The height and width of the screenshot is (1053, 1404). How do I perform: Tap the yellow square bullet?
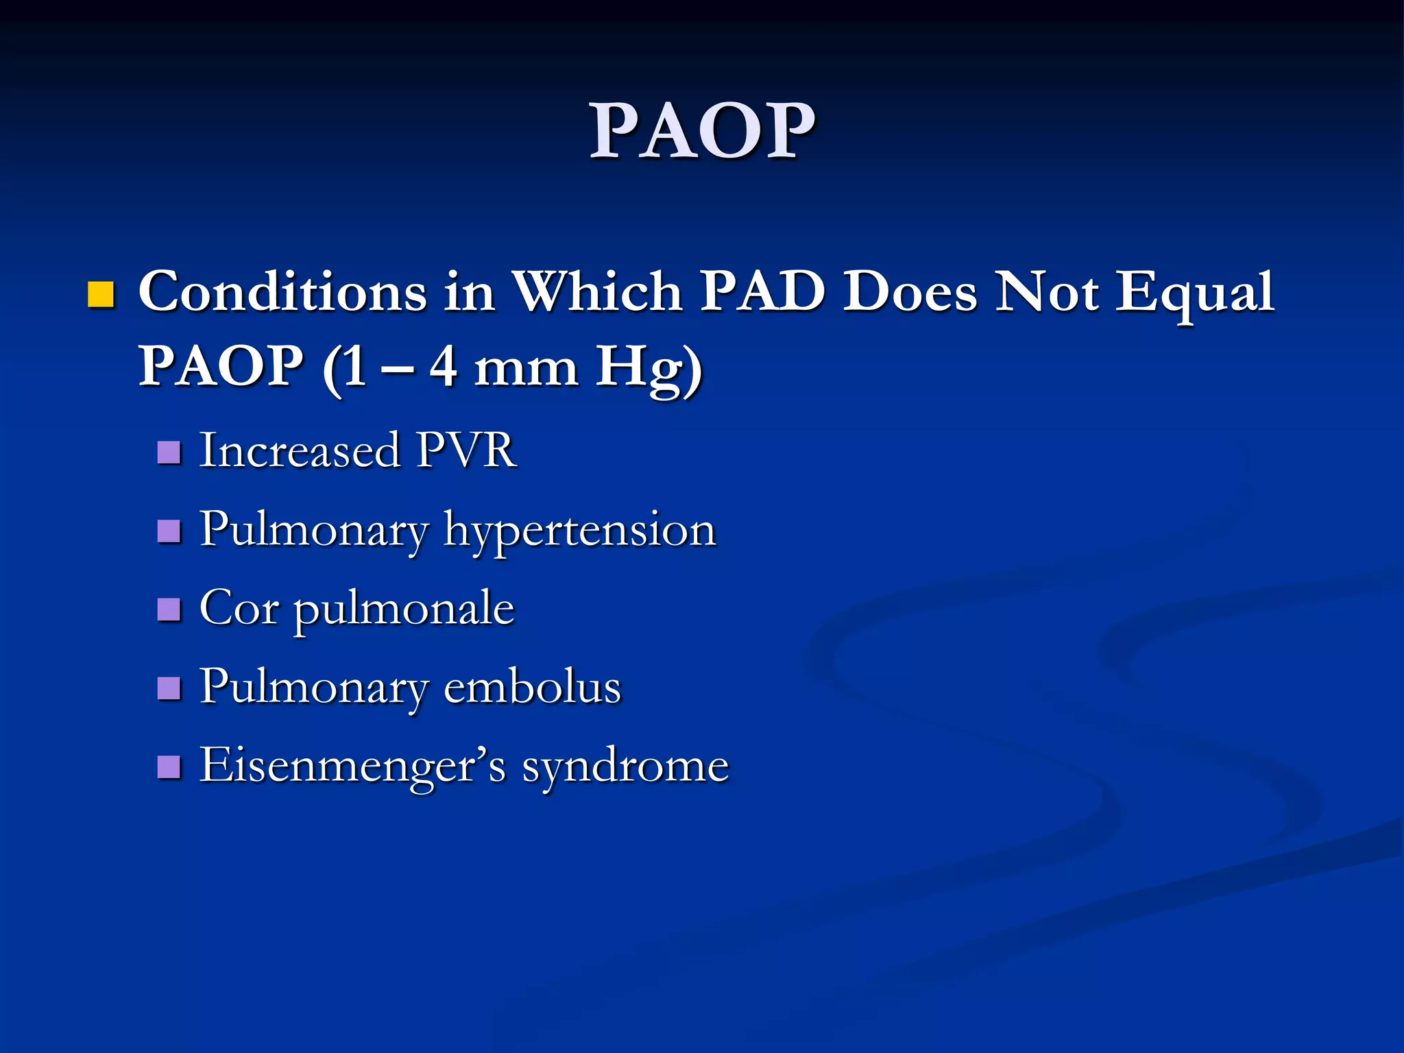[x=101, y=294]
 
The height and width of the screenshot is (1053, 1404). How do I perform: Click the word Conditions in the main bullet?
[x=282, y=292]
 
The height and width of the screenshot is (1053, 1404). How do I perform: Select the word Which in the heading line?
[x=598, y=292]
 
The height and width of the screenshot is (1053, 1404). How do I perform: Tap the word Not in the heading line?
[x=1047, y=292]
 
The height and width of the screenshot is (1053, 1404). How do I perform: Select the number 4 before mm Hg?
[x=443, y=367]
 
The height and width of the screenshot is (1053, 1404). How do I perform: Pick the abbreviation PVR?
[x=466, y=451]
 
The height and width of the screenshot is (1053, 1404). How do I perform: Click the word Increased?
[x=300, y=451]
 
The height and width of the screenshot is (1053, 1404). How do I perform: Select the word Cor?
[x=239, y=608]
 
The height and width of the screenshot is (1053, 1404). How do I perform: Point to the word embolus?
[x=532, y=687]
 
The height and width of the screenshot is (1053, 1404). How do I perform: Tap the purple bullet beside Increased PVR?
[x=169, y=452]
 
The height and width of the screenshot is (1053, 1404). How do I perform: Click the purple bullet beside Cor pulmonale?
[x=169, y=609]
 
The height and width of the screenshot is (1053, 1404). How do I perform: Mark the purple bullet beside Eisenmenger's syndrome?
[x=169, y=766]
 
